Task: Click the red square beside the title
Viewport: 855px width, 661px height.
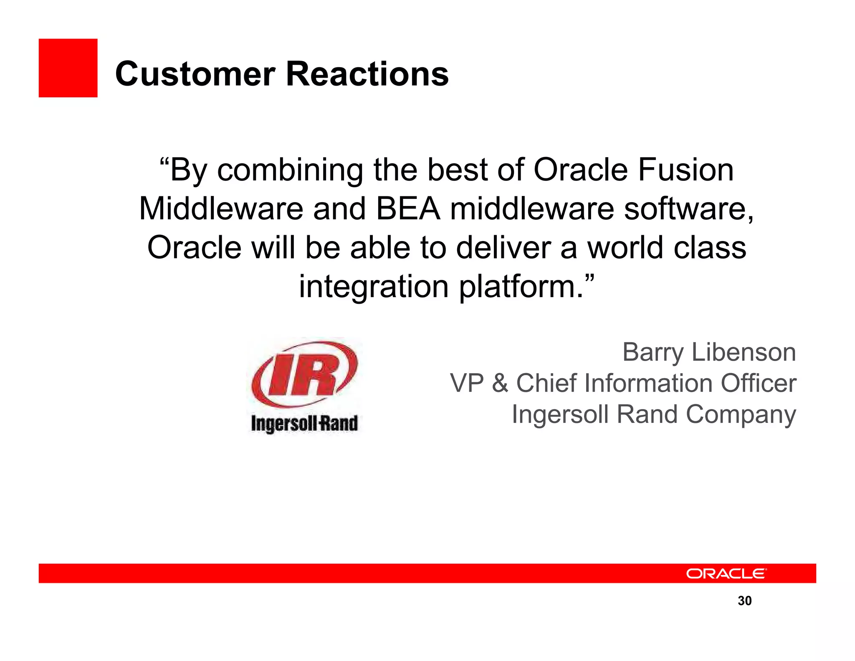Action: click(68, 68)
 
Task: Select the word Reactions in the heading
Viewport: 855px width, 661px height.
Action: click(367, 74)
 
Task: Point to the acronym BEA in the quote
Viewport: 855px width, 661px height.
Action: click(408, 209)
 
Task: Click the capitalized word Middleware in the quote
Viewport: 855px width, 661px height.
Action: click(221, 209)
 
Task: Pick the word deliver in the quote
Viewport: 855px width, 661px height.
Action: click(503, 248)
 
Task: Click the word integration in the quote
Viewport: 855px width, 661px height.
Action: click(374, 287)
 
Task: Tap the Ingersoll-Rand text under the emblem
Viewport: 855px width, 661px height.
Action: click(304, 423)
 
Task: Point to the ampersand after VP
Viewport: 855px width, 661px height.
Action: click(500, 383)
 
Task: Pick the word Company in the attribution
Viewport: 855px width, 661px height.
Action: click(741, 415)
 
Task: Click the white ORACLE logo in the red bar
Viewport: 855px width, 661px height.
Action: click(726, 573)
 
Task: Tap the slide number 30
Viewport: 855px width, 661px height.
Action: click(744, 601)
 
